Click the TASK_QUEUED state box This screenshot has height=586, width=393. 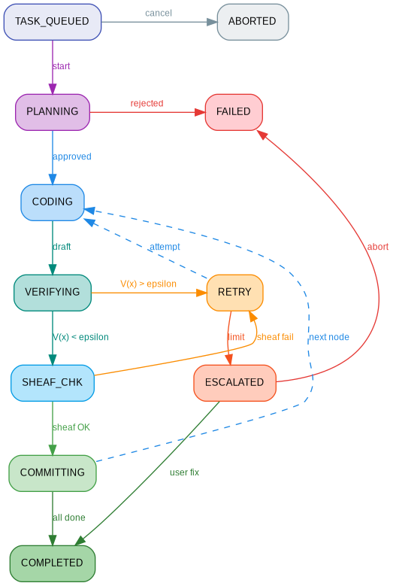[52, 21]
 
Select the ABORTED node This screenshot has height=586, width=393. [252, 21]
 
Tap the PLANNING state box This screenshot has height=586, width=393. [52, 111]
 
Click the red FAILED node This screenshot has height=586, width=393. [233, 111]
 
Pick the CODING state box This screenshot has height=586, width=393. [52, 202]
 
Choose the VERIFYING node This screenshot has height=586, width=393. [52, 292]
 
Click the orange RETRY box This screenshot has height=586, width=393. [234, 292]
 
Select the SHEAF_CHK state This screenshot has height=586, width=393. [52, 382]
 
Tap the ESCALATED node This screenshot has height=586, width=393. [234, 382]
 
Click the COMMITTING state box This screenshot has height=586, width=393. [52, 472]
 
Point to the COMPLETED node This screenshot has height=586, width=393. [52, 563]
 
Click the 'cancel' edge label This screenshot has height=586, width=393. [158, 13]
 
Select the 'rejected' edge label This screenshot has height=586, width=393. [147, 103]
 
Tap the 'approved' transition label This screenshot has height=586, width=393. [71, 156]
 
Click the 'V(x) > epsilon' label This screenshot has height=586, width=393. [148, 284]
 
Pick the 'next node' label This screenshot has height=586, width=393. [328, 337]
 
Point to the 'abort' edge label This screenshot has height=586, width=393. [377, 247]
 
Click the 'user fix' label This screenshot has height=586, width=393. [184, 472]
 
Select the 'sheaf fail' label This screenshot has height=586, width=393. [275, 337]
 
